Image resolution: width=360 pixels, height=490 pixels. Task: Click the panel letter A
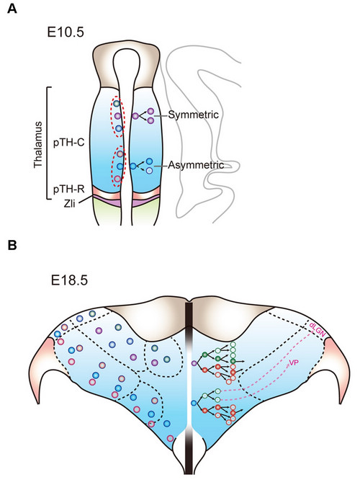pyautogui.click(x=12, y=9)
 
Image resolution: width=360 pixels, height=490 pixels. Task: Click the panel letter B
pyautogui.click(x=12, y=245)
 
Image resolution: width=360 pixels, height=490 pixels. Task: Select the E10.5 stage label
pyautogui.click(x=66, y=32)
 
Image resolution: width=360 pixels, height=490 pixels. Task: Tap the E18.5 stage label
pyautogui.click(x=69, y=280)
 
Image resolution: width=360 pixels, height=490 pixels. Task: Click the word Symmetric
pyautogui.click(x=193, y=115)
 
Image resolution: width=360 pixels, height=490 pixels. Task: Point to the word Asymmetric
pyautogui.click(x=196, y=165)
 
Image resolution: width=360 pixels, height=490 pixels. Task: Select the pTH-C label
pyautogui.click(x=69, y=143)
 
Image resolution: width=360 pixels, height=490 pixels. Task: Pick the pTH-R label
pyautogui.click(x=69, y=190)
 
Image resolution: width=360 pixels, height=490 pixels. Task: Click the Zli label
pyautogui.click(x=70, y=205)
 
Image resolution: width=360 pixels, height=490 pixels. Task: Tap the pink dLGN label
pyautogui.click(x=318, y=329)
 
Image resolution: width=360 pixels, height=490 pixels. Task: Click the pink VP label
pyautogui.click(x=293, y=362)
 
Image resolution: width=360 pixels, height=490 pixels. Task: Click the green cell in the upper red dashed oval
pyautogui.click(x=117, y=103)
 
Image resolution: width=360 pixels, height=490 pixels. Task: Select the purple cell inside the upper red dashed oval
pyautogui.click(x=117, y=116)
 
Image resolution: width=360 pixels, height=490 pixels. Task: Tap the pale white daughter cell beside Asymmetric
pyautogui.click(x=149, y=171)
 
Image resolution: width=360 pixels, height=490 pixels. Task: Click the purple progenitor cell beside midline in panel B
pyautogui.click(x=194, y=363)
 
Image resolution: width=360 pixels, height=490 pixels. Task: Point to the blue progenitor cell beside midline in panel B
pyautogui.click(x=194, y=403)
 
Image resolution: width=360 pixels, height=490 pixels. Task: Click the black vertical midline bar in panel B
pyautogui.click(x=189, y=388)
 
